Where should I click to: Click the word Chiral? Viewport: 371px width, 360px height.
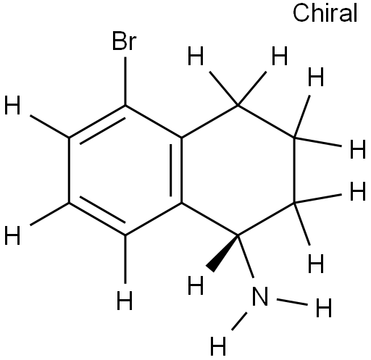[x=325, y=14]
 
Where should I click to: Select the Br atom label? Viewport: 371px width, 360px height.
[x=125, y=41]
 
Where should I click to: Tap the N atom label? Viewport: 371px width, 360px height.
[x=260, y=296]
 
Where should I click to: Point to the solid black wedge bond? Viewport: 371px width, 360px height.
[x=223, y=252]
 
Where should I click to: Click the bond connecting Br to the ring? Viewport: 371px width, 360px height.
[x=125, y=81]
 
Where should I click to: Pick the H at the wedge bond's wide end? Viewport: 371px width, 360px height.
[x=196, y=285]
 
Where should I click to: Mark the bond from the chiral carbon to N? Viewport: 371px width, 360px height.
[x=246, y=256]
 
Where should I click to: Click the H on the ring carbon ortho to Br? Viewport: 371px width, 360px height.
[x=12, y=105]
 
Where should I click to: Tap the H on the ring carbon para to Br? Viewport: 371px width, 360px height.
[x=125, y=301]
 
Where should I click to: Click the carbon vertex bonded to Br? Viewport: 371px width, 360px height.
[x=125, y=106]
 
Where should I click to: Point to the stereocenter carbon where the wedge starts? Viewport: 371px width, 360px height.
[x=238, y=235]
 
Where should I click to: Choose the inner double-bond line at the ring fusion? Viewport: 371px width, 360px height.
[x=171, y=170]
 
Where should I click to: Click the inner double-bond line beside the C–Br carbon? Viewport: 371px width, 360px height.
[x=103, y=131]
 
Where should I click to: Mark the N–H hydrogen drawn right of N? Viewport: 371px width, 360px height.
[x=324, y=308]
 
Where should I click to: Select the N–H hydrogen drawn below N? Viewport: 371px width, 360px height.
[x=218, y=346]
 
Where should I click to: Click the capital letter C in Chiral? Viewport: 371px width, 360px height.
[x=301, y=14]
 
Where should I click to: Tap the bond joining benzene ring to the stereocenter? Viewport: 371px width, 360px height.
[x=209, y=219]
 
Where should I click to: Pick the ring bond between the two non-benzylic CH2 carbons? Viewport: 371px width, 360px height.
[x=294, y=170]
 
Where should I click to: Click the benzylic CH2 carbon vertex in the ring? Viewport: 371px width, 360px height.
[x=238, y=106]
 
